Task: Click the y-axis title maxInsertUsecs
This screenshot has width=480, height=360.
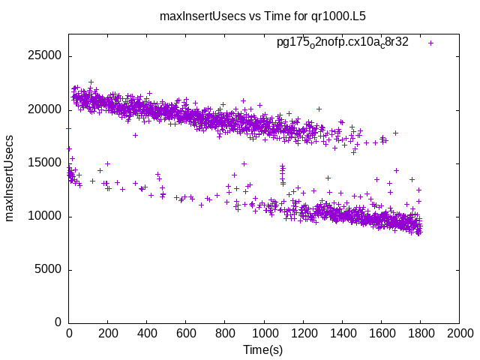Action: [x=10, y=178]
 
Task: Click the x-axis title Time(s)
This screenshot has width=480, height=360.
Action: [x=262, y=349]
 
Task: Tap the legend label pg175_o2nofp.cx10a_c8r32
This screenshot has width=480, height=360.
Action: [x=343, y=42]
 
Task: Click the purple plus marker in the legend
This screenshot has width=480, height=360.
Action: [x=430, y=43]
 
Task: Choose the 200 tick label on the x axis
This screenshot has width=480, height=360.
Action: [x=108, y=334]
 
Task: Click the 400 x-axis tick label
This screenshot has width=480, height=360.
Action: [x=147, y=334]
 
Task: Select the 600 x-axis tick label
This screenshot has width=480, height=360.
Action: [x=186, y=334]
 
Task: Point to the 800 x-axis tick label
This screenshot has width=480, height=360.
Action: [x=225, y=334]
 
